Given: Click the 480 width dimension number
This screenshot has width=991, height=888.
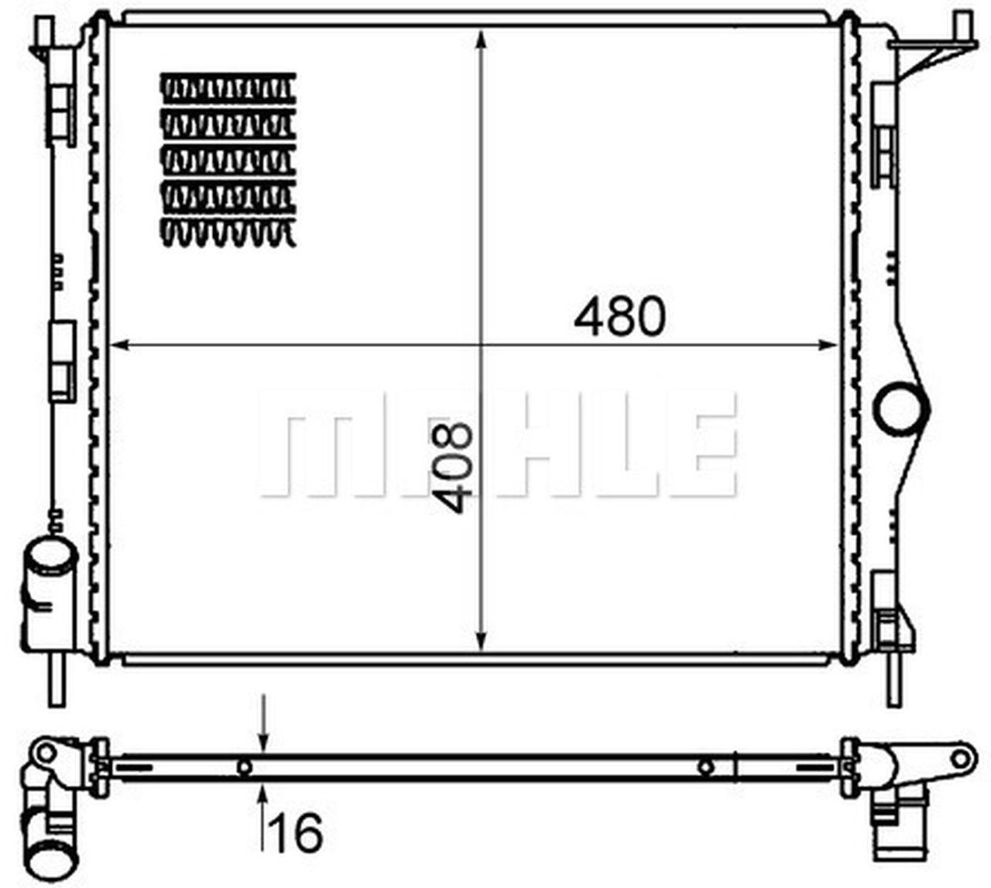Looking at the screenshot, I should pyautogui.click(x=619, y=316).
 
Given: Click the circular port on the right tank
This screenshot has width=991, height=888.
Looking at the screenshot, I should pyautogui.click(x=901, y=404).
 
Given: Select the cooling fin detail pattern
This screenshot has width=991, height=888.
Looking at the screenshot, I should pyautogui.click(x=228, y=160).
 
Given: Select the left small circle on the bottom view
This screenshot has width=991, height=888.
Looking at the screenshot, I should pyautogui.click(x=245, y=767).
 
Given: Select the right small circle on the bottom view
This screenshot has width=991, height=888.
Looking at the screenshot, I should pyautogui.click(x=705, y=767).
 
